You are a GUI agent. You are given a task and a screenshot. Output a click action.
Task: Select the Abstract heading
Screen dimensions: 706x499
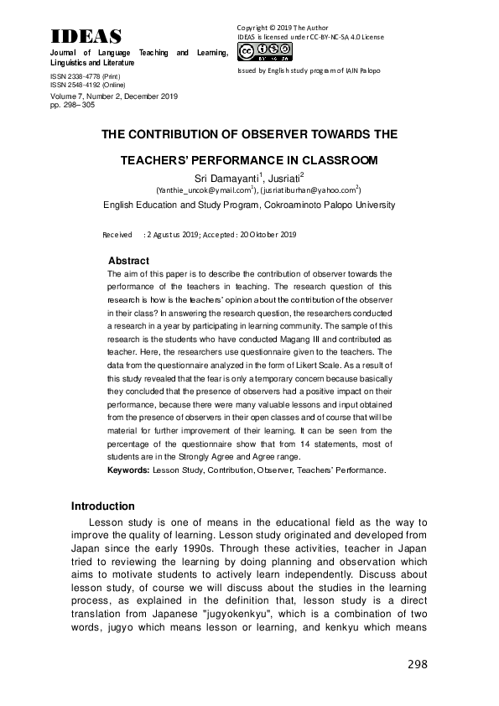click(x=129, y=261)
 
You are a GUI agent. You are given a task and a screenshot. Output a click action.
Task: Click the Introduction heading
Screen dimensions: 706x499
click(x=103, y=506)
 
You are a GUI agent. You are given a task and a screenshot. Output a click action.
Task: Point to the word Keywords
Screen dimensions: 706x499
click(x=128, y=470)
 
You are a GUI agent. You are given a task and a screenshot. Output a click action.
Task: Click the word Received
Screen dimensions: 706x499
click(x=117, y=234)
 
